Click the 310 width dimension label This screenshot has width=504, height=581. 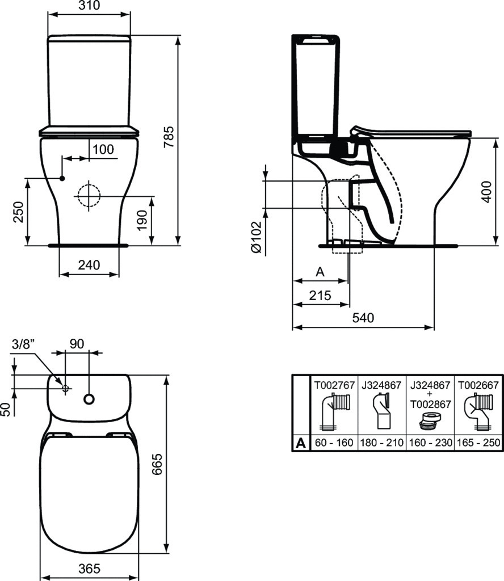(89, 5)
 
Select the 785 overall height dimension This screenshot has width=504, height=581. (169, 137)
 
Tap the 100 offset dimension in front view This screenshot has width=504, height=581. (103, 149)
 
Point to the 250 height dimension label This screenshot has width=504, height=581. (18, 212)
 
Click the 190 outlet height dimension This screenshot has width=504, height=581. (142, 221)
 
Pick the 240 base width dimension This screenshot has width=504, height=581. (89, 265)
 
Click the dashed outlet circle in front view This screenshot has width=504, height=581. (89, 196)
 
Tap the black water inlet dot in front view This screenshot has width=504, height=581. (62, 179)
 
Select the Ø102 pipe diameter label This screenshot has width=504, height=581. (257, 237)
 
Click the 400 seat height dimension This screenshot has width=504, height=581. (486, 192)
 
